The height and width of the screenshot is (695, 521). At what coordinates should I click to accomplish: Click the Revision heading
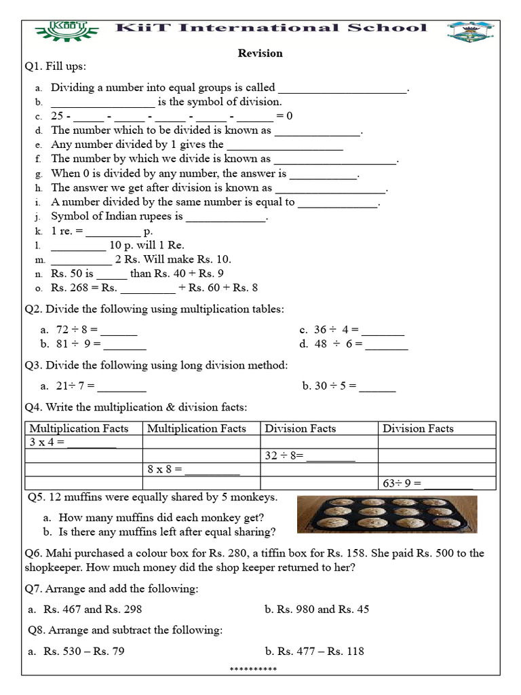(x=260, y=53)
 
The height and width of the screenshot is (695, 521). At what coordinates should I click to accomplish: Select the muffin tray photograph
(x=387, y=514)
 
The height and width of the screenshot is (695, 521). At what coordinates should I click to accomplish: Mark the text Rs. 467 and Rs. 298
(x=93, y=609)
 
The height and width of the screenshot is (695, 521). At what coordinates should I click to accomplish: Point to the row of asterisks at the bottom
(x=253, y=670)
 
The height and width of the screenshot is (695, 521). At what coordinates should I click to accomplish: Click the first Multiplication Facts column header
(x=83, y=428)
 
